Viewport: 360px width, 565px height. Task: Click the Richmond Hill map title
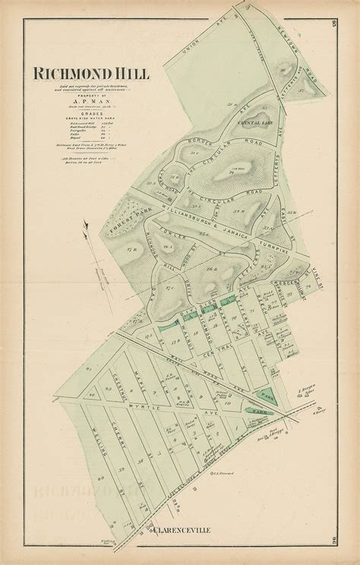click(90, 74)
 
